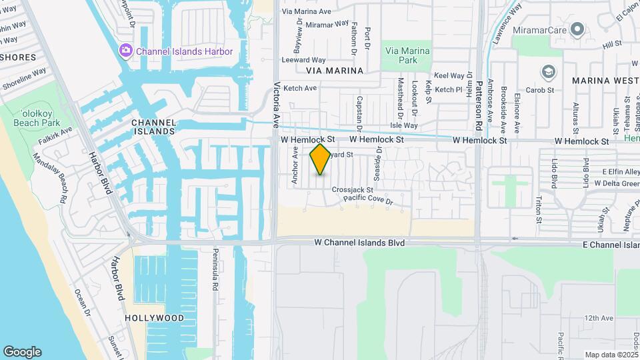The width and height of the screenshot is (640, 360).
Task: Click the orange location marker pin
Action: pyautogui.click(x=321, y=159)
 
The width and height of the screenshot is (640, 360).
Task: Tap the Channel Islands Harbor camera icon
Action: pyautogui.click(x=125, y=51)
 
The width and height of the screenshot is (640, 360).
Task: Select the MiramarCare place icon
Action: pyautogui.click(x=577, y=29)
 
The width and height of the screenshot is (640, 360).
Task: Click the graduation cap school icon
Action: pyautogui.click(x=547, y=71)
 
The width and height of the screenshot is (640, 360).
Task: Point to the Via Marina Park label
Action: pyautogui.click(x=407, y=55)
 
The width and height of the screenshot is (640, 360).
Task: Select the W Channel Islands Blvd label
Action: pyautogui.click(x=359, y=243)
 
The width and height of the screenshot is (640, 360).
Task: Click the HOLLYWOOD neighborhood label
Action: pyautogui.click(x=154, y=318)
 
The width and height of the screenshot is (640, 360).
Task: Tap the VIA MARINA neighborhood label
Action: pyautogui.click(x=335, y=70)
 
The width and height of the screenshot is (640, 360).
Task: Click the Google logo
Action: pyautogui.click(x=22, y=351)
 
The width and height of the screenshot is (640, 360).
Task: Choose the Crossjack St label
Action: pyautogui.click(x=352, y=189)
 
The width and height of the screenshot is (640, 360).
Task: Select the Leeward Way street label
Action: pyautogui.click(x=304, y=60)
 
